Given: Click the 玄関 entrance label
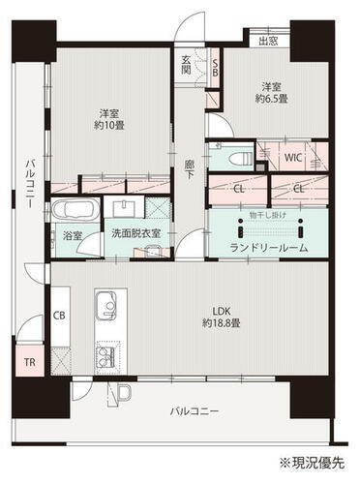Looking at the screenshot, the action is coord(185,65).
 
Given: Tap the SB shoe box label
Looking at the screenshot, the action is coord(215,68).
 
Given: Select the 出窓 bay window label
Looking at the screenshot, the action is coord(269,41).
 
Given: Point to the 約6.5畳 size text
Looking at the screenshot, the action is coord(272,98).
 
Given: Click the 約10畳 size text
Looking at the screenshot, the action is coord(109,125).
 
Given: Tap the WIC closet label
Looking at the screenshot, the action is coord(293,158).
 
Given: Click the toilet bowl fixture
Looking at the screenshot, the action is coord(241,159).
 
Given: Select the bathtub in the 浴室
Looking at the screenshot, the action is coord(75,209).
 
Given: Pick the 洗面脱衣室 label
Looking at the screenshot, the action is coord(136,233).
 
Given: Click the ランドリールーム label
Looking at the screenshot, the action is coord(269,248).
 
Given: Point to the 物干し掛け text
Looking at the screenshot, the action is coord(268,215).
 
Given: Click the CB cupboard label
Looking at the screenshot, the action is coord(59,315).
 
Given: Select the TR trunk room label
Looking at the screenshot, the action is coord(30,362).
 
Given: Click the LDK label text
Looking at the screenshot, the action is coord(222,311).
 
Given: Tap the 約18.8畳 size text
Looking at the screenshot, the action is coord(222,322).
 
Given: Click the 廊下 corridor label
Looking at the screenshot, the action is coord(190,169).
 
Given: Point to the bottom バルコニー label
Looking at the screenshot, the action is coord(195,411).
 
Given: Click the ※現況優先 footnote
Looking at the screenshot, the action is coord(312,463).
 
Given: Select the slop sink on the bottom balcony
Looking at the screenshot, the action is coord(124,393).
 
